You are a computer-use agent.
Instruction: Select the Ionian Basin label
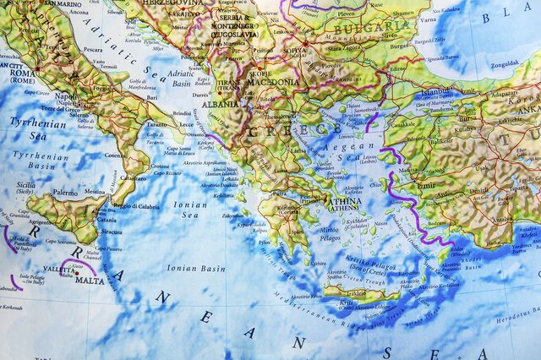pos(196,269)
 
